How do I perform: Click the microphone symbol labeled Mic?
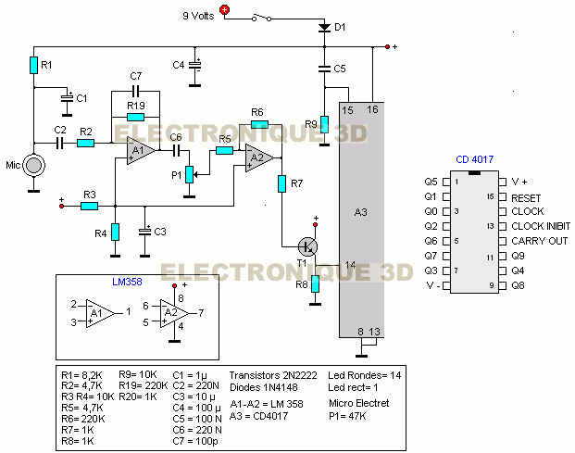[x=33, y=165]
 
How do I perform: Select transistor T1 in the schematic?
[x=307, y=246]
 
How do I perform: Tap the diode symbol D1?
[x=324, y=28]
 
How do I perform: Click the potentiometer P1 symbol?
[x=189, y=174]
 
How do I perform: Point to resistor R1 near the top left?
[x=33, y=65]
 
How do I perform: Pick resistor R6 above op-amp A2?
[x=259, y=124]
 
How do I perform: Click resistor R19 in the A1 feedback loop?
[x=135, y=117]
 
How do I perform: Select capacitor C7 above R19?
[x=136, y=91]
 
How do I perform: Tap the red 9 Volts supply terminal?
[x=224, y=10]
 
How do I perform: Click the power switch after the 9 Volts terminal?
[x=261, y=18]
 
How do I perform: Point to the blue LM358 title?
[x=127, y=282]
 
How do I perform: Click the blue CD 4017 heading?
[x=474, y=159]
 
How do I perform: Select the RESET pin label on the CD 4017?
[x=526, y=198]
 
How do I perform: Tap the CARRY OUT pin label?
[x=540, y=241]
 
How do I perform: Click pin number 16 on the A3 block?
[x=372, y=109]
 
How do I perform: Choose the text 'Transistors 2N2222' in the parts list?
[x=273, y=375]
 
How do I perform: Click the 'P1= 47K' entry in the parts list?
[x=347, y=416]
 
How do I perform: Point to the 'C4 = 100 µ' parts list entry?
[x=197, y=408]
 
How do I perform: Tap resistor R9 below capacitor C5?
[x=324, y=124]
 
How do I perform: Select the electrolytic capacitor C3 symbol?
[x=144, y=231]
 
